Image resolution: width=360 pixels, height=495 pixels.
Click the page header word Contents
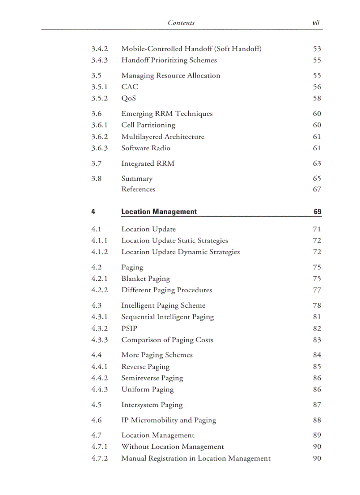(181, 22)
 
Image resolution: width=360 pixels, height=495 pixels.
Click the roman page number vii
(316, 22)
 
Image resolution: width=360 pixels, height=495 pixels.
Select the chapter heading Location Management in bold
(159, 212)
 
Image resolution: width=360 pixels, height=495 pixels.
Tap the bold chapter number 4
(93, 212)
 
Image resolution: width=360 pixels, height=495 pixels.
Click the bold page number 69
(317, 212)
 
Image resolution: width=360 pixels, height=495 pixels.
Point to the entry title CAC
(129, 87)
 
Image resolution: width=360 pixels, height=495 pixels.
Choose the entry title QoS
(128, 98)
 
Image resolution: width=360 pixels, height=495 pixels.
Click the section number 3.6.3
(99, 148)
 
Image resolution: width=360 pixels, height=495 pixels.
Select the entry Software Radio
(146, 148)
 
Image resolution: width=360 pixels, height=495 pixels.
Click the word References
(138, 189)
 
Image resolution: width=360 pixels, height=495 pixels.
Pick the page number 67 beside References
(317, 189)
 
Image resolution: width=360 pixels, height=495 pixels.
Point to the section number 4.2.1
(99, 279)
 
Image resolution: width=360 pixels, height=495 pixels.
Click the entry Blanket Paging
(145, 279)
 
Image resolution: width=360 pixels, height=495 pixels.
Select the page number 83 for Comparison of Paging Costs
(317, 340)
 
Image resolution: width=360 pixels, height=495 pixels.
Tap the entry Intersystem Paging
(152, 405)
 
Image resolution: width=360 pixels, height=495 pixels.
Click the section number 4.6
(96, 420)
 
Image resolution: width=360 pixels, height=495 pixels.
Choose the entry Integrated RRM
(148, 164)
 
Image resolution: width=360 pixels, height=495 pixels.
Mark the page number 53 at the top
(317, 48)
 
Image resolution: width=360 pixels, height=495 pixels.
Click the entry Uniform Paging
(147, 389)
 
